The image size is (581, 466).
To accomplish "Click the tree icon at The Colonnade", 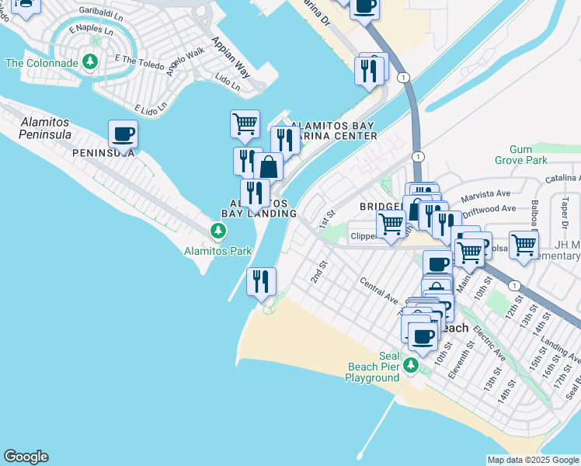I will click(91, 61).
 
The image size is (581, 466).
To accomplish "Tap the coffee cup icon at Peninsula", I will click(123, 134).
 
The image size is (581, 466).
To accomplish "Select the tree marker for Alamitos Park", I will click(218, 231).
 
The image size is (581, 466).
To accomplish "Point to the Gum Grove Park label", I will click(520, 155).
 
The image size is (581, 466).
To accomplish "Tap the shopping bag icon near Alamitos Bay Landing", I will click(268, 167).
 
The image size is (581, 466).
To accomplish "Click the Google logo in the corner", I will click(26, 457).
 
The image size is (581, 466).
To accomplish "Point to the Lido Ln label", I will click(227, 81).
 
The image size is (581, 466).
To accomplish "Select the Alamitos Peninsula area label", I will click(36, 128).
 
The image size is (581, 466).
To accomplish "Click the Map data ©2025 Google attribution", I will click(533, 460).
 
